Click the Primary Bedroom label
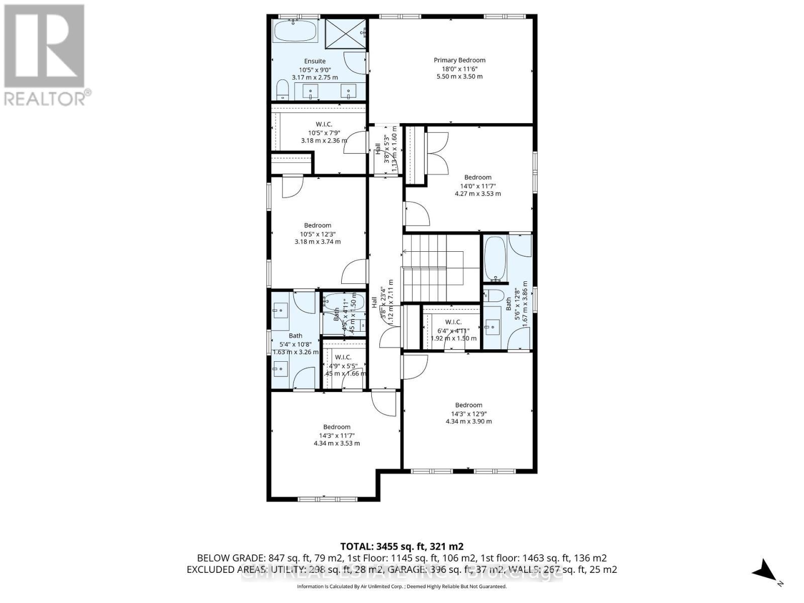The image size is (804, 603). [459, 60]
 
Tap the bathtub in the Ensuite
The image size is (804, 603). [296, 32]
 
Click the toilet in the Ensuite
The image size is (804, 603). [282, 91]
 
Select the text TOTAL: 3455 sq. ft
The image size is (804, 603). [401, 546]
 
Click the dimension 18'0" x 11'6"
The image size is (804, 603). [459, 69]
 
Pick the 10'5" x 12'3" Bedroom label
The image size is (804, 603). [318, 225]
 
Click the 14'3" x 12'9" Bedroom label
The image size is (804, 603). [468, 405]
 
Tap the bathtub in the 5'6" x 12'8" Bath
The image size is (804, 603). [494, 259]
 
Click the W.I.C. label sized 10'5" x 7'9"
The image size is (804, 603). [324, 124]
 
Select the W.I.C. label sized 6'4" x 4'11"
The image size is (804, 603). [453, 322]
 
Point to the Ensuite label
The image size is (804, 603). [315, 61]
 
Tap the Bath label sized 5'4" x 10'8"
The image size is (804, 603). [295, 336]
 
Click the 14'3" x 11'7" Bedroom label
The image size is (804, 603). [337, 427]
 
